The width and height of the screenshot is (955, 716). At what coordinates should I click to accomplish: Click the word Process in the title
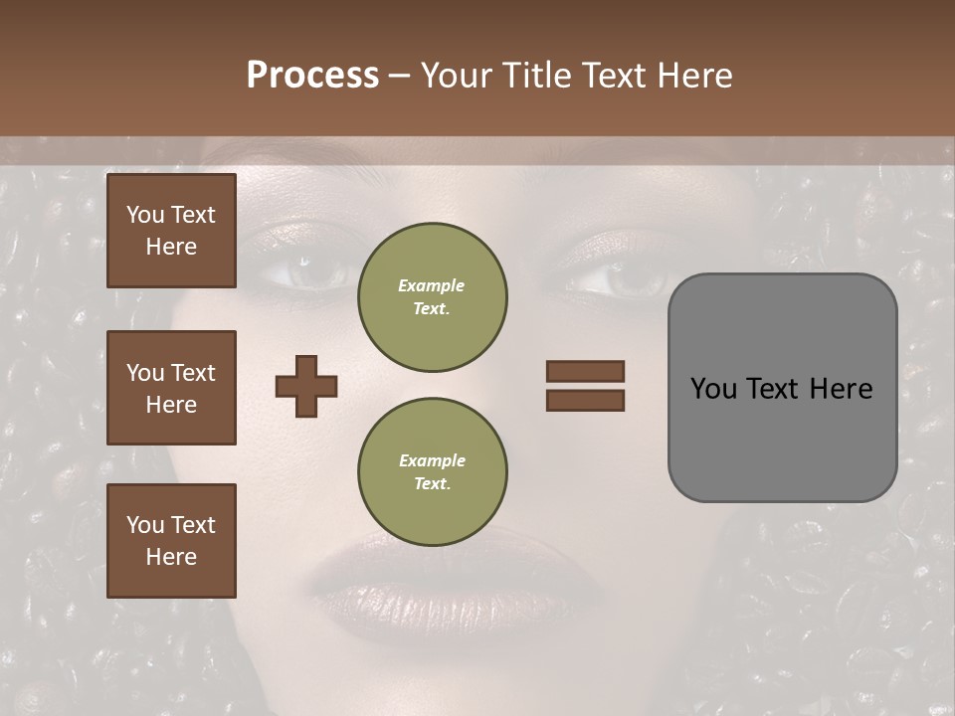[312, 76]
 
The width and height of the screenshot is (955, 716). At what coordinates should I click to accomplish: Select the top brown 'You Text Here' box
[171, 231]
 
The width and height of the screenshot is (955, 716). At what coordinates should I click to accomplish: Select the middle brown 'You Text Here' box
[171, 388]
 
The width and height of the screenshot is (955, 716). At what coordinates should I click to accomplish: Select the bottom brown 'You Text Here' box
[171, 540]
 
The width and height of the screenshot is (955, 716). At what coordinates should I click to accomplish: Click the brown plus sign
[305, 386]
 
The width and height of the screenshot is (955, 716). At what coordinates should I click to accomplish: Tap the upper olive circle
[432, 296]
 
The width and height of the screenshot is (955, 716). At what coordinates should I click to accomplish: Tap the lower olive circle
[432, 471]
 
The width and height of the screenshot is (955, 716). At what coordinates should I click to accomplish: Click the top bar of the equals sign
[585, 371]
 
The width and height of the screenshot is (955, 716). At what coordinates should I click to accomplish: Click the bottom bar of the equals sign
[585, 400]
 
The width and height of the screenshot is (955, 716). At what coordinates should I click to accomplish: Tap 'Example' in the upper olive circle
[432, 285]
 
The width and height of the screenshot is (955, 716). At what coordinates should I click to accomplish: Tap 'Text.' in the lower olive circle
[432, 483]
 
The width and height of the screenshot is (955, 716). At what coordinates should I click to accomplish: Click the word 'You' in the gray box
[714, 388]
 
